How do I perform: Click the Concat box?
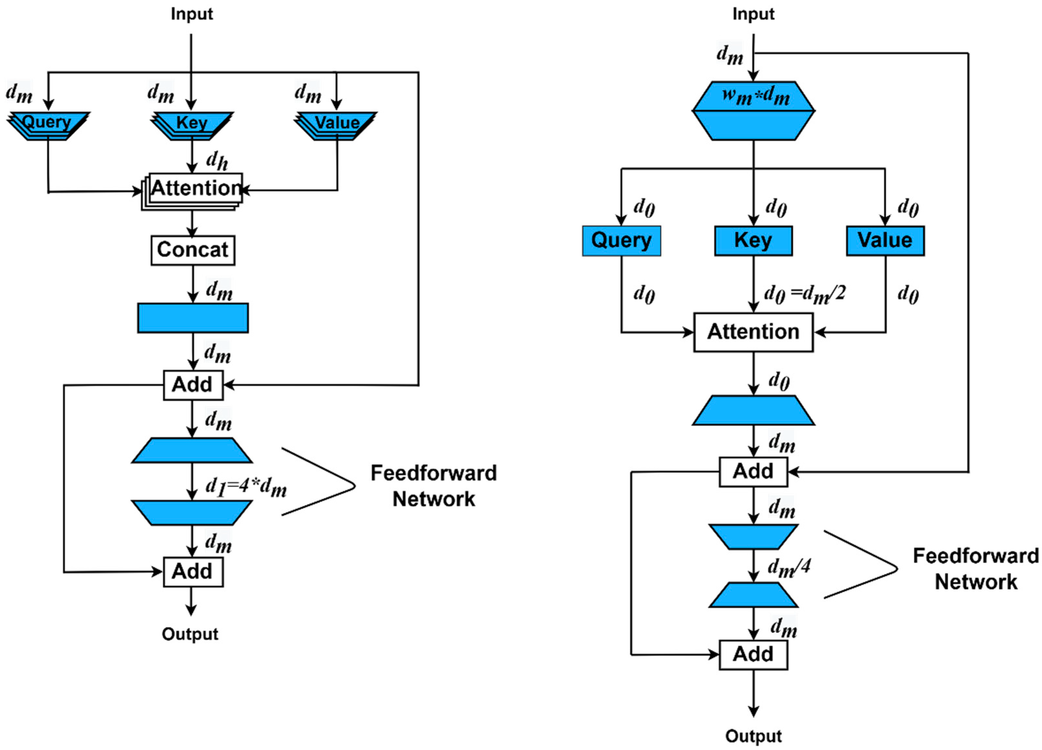[193, 250]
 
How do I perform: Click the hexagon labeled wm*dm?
[754, 111]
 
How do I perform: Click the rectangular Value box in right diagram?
[885, 241]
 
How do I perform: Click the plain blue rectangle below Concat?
[193, 318]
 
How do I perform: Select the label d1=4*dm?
[246, 487]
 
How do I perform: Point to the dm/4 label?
[789, 568]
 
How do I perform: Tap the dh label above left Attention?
[217, 160]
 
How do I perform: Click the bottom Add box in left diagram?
[193, 572]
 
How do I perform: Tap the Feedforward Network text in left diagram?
[433, 486]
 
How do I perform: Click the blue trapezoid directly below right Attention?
[754, 410]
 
